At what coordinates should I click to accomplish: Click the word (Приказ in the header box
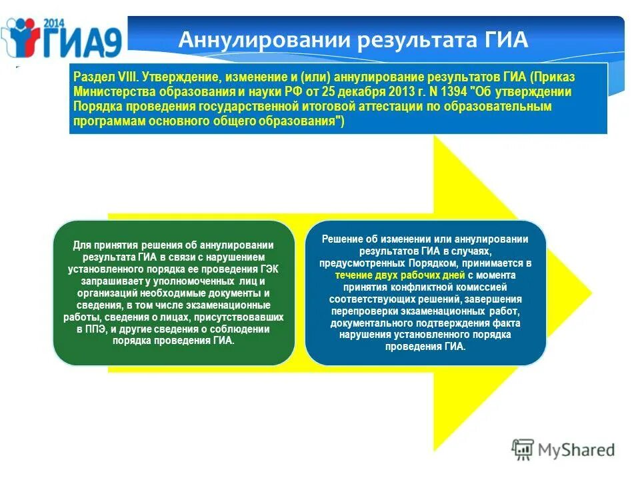(x=553, y=77)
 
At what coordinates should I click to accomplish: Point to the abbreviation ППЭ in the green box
(x=98, y=329)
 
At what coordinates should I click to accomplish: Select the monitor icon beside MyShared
(x=524, y=449)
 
